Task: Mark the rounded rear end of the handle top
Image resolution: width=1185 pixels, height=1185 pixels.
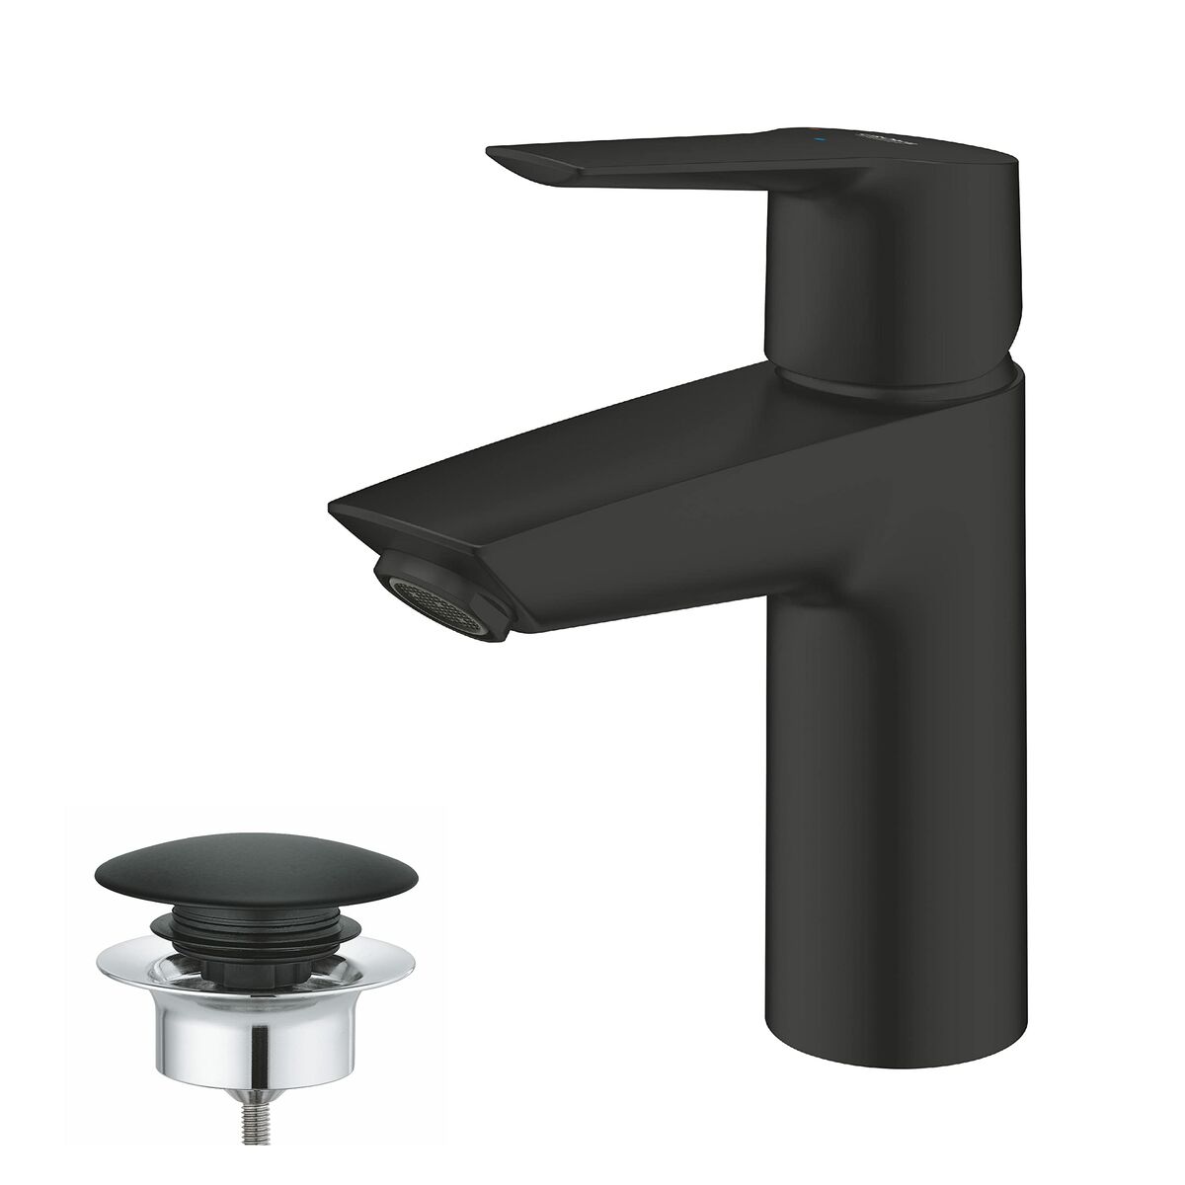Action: (x=997, y=158)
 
